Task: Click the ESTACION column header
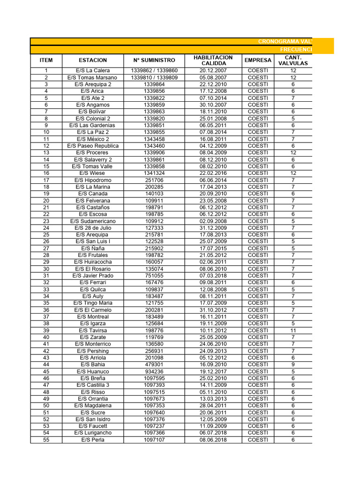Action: point(93,60)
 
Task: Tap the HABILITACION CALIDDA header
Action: point(213,60)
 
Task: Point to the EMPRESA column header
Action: point(258,60)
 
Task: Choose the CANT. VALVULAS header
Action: point(293,60)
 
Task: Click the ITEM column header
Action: point(46,60)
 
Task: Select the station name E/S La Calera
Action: point(93,71)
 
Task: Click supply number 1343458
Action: point(154,139)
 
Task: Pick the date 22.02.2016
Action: point(213,173)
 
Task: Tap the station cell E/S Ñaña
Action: point(93,248)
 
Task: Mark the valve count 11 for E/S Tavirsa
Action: point(293,330)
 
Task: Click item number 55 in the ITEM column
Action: point(46,440)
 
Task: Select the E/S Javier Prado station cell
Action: point(93,276)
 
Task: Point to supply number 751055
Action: point(154,276)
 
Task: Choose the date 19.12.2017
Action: point(213,372)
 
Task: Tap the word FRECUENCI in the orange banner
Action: point(296,50)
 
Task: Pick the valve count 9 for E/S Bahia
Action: point(293,365)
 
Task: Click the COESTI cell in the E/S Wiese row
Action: point(258,173)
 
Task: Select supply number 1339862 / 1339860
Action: point(154,71)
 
